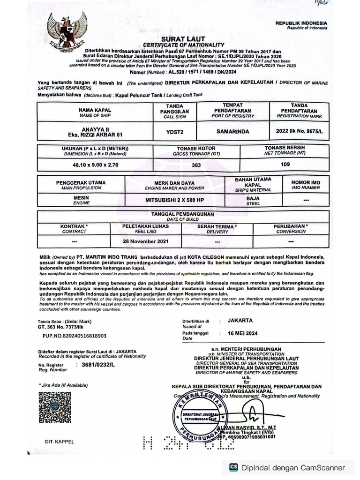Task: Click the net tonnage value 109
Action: [x=285, y=165]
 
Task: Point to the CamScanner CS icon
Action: [x=233, y=467]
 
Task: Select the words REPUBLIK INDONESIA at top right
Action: [x=301, y=23]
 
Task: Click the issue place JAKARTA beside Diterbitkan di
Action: [x=240, y=321]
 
